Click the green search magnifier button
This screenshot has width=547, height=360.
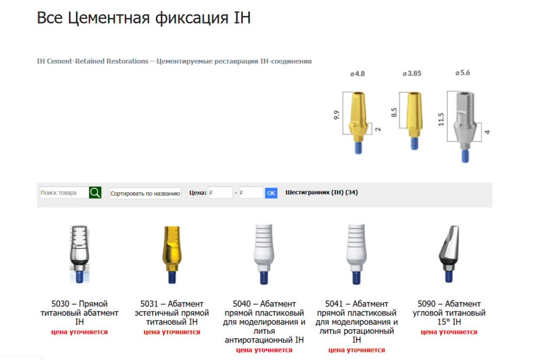(95, 193)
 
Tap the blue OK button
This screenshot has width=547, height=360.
(271, 193)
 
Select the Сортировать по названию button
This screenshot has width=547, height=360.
(145, 193)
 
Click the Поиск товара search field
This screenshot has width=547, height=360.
(64, 193)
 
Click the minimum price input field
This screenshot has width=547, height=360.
(220, 193)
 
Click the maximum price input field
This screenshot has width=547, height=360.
(251, 193)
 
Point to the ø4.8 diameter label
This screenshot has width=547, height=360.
(357, 74)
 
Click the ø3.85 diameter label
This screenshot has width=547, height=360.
(412, 73)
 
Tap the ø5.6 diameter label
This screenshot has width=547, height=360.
(463, 73)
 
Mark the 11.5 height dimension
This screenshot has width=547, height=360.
(441, 119)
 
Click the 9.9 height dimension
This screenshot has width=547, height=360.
(336, 115)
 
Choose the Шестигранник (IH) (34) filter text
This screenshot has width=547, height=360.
(322, 192)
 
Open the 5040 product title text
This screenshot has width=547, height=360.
(264, 322)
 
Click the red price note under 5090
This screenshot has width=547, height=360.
(449, 332)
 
